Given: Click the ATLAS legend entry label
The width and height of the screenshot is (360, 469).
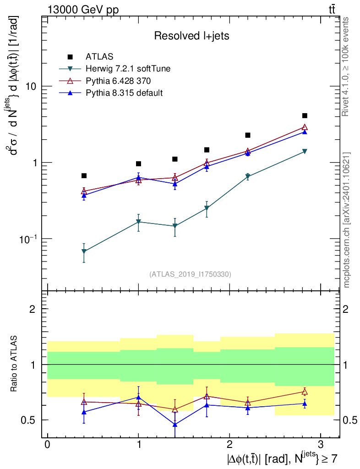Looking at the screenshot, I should [x=96, y=57].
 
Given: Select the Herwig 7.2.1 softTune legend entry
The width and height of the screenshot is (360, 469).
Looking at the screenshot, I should [x=128, y=69].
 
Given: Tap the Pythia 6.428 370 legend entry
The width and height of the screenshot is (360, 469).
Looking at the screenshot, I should [x=118, y=81].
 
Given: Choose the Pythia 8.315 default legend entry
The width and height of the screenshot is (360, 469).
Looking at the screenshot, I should [x=124, y=93].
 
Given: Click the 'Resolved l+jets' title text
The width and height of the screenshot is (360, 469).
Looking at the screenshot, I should [x=191, y=36].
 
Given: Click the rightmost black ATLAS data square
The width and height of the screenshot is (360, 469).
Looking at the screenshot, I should [x=305, y=116].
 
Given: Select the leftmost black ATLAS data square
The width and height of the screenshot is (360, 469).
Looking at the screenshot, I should [x=84, y=176].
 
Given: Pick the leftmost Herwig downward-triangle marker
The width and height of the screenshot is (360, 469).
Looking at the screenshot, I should [x=84, y=251].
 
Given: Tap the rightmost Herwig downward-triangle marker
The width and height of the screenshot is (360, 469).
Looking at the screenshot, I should [x=305, y=152].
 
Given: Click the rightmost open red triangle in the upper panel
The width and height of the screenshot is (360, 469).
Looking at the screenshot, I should [x=305, y=127].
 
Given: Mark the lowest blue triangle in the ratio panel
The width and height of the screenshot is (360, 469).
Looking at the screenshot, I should [x=175, y=425].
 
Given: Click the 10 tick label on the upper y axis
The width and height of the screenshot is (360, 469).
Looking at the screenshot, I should [x=30, y=87].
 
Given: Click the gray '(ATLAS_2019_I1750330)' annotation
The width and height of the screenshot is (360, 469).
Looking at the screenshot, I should [x=190, y=274].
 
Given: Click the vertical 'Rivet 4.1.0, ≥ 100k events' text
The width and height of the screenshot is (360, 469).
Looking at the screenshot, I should [x=346, y=66].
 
